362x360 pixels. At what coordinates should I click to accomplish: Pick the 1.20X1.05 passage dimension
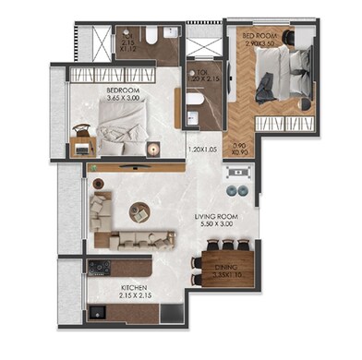pyautogui.click(x=202, y=149)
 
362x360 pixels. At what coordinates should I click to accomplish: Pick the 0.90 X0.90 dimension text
pyautogui.click(x=240, y=149)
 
